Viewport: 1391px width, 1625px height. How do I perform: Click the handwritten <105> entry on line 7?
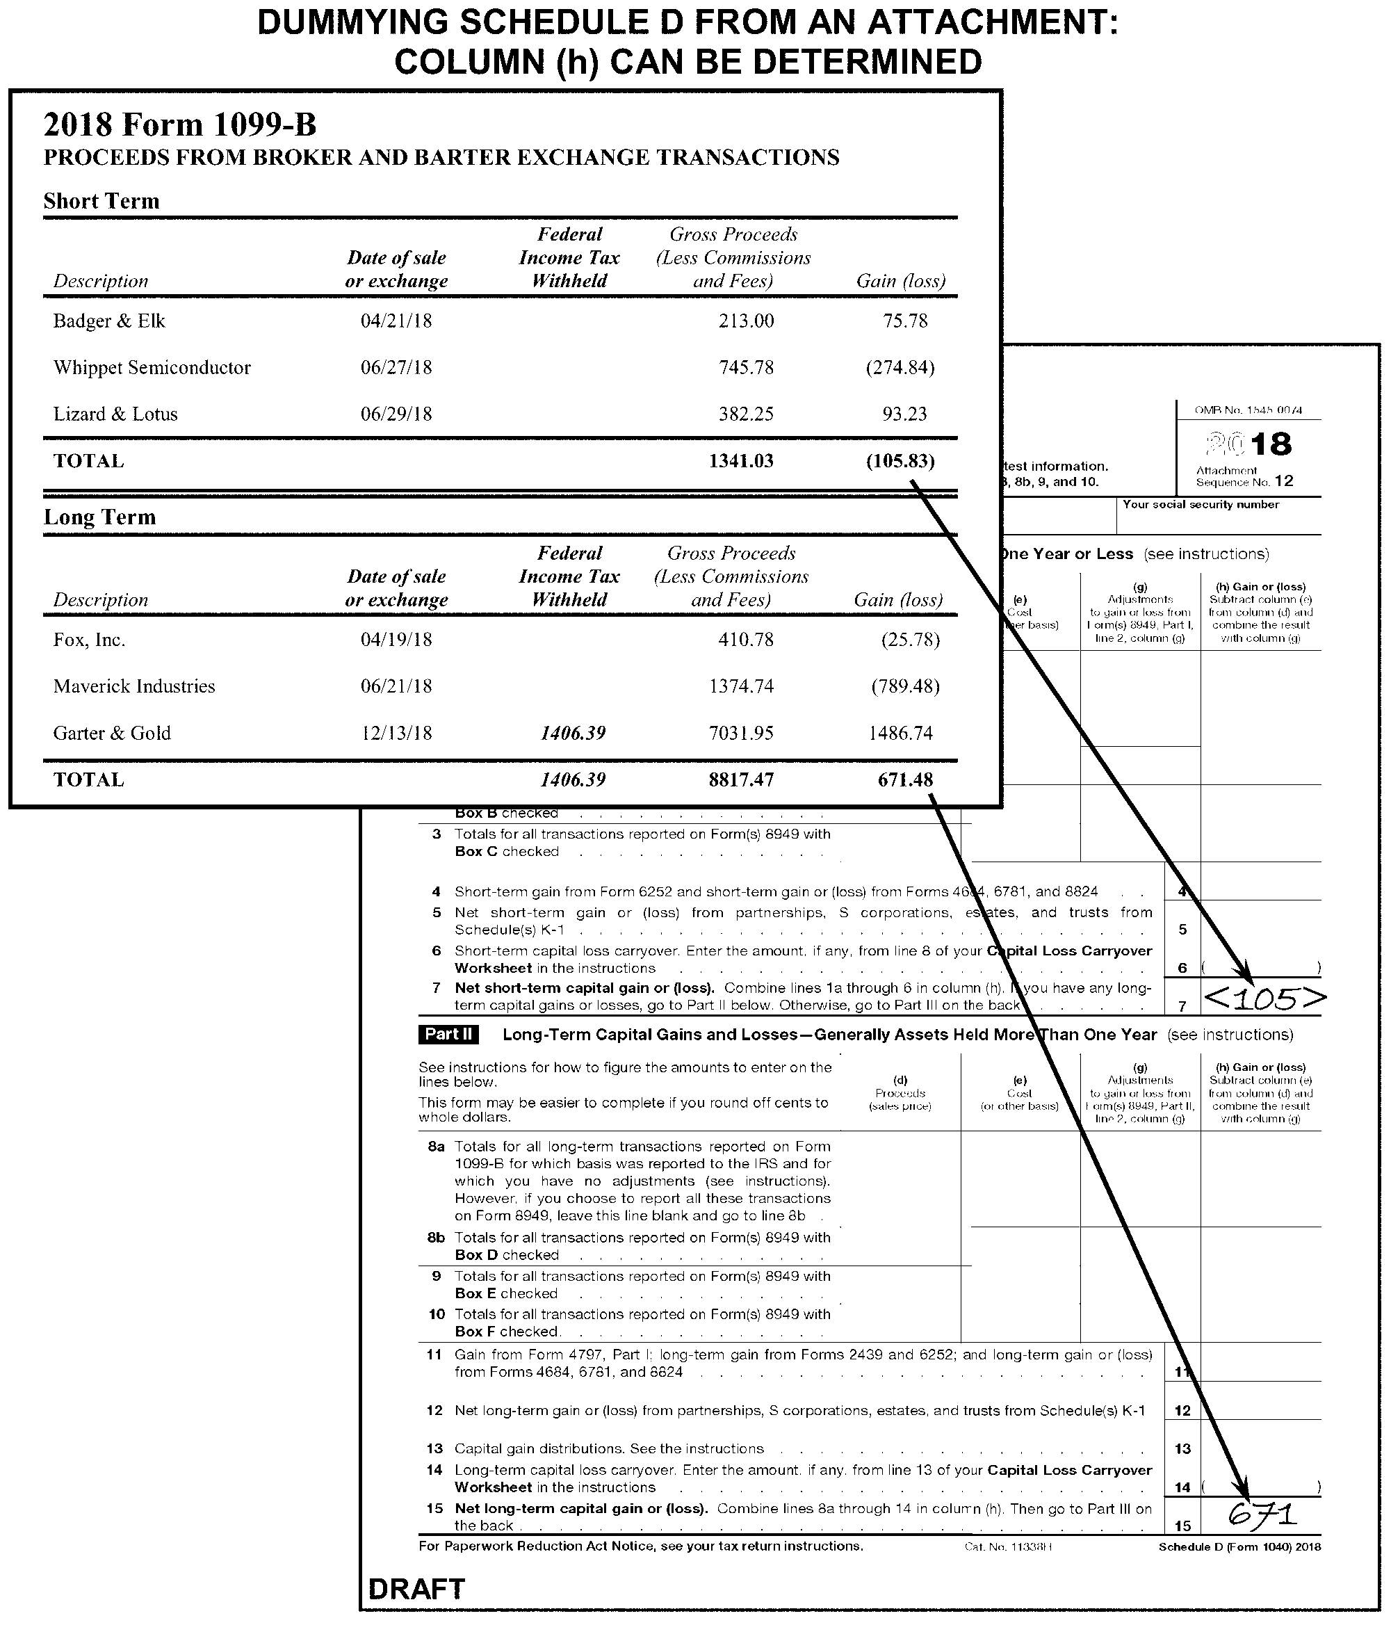[x=1264, y=998]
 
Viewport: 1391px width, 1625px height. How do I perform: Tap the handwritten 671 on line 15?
[x=1262, y=1514]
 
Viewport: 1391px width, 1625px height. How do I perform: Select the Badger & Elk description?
[x=109, y=321]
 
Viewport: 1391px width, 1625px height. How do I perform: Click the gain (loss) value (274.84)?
[x=900, y=367]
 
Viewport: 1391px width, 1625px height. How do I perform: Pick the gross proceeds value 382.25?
[x=746, y=414]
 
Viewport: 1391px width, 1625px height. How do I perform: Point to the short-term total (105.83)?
[x=900, y=460]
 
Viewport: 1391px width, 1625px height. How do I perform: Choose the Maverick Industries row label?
[x=134, y=686]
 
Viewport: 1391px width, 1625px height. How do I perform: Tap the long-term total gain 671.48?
[x=905, y=779]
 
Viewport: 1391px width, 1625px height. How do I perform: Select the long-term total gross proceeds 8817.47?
[x=741, y=779]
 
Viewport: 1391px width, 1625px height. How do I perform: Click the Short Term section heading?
[x=101, y=201]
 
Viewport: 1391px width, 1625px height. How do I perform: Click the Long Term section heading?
[x=99, y=517]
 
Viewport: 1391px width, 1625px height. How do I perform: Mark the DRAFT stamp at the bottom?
[x=416, y=1589]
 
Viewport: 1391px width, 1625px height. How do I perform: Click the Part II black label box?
[x=448, y=1034]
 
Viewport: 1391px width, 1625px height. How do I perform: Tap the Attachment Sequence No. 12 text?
[x=1244, y=476]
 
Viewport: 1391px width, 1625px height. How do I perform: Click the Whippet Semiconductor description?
[x=152, y=367]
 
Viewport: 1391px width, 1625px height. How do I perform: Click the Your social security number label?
[x=1200, y=504]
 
